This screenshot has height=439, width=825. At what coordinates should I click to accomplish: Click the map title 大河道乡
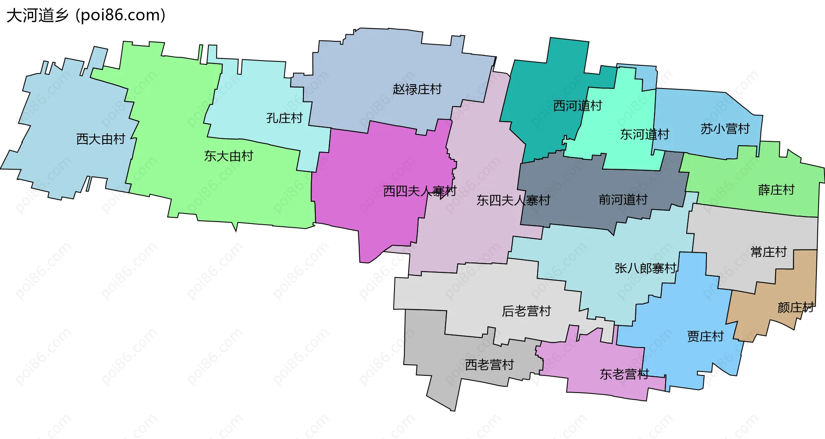tap(38, 15)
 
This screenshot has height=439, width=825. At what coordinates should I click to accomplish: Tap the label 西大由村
tap(101, 139)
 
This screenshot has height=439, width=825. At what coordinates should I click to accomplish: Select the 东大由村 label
tap(229, 156)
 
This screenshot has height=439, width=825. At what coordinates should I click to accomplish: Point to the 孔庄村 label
tap(284, 118)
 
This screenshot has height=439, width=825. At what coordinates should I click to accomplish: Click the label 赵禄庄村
tap(417, 89)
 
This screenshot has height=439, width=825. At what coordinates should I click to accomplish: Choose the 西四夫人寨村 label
tap(419, 191)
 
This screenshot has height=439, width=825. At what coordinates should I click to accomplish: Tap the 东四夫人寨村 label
tap(513, 200)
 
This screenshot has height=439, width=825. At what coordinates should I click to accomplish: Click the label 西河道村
tap(577, 106)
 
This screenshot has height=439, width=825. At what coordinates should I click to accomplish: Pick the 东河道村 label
tap(645, 134)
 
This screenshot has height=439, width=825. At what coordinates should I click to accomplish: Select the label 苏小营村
tap(725, 129)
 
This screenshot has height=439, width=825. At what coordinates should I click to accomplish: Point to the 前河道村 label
tap(623, 200)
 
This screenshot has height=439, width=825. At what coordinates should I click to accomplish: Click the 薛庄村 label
tap(776, 190)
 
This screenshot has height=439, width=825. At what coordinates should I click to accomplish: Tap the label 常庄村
tap(768, 252)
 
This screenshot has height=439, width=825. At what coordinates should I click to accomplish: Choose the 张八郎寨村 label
tap(645, 268)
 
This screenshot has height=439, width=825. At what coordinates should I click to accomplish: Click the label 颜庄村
tap(795, 308)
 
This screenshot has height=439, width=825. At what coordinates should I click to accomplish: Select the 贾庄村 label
tap(705, 336)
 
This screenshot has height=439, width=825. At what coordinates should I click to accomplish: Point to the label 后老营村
tap(526, 311)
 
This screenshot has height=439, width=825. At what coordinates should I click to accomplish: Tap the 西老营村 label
tap(489, 365)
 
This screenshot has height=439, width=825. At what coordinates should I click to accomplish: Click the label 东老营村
tap(624, 374)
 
